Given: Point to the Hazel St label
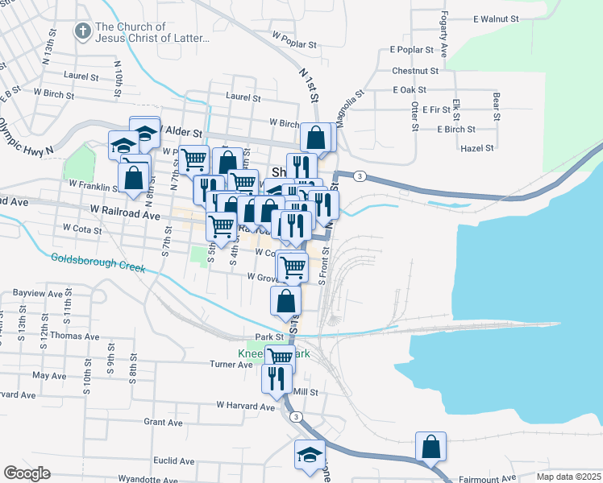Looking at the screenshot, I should point(476,148).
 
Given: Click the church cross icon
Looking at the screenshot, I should point(81,31).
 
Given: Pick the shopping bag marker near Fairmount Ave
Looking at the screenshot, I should point(431,447).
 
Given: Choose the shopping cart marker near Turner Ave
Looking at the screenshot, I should point(280,357).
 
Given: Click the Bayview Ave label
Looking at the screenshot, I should point(38,295).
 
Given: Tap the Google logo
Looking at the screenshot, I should point(27,473).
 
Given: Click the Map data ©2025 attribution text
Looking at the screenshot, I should point(568,477).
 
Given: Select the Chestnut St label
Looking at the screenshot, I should point(414,71).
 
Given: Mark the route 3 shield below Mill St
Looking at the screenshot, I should point(297,416).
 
